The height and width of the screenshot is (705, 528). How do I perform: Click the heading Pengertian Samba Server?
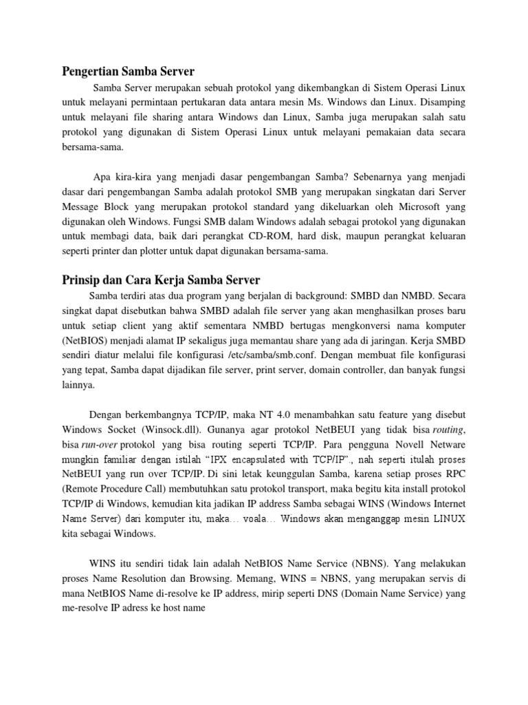coord(129,72)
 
